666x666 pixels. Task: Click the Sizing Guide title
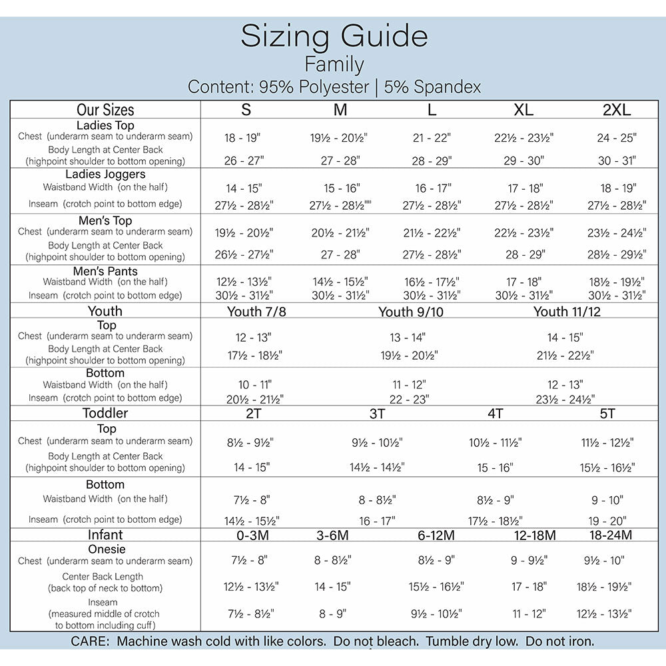pos(334,36)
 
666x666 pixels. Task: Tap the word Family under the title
pos(334,65)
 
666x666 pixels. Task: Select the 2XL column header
pos(616,110)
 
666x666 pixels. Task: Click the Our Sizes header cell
pos(105,110)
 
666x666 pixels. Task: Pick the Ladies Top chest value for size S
pos(242,138)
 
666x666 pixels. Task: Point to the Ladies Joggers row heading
pos(105,174)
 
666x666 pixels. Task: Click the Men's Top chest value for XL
pos(523,233)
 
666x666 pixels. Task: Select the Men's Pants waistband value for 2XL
pos(616,282)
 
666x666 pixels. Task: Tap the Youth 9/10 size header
pos(411,312)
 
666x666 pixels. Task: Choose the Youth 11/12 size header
pos(567,312)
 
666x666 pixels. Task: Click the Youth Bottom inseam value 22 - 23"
pos(409,400)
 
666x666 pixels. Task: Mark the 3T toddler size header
pos(377,414)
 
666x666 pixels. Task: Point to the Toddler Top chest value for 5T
pos(607,443)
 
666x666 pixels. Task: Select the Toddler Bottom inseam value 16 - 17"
pos(377,521)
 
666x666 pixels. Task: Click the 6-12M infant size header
pos(436,535)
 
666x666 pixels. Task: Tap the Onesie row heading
pos(107,549)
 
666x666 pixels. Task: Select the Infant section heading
pos(105,535)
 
